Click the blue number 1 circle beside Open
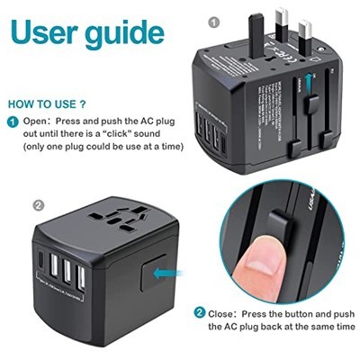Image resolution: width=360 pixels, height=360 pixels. [x=13, y=121]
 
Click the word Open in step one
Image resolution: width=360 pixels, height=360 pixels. [x=38, y=121]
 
